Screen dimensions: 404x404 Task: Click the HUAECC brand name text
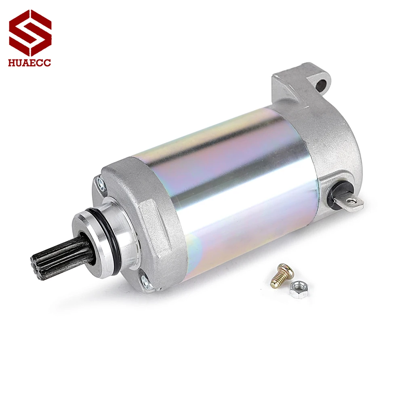click(x=30, y=62)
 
